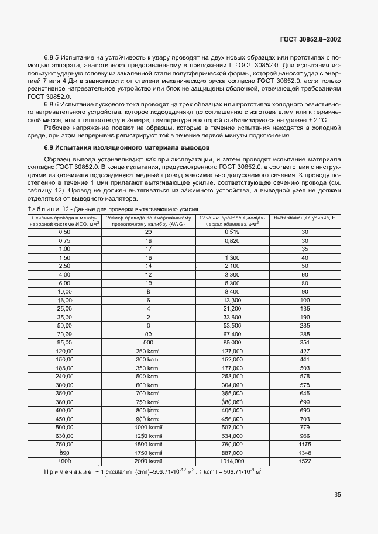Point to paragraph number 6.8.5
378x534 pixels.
coord(54,57)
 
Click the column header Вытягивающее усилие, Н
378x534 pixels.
coord(304,218)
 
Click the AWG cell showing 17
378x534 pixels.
coord(149,249)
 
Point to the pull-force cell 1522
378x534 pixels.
coord(304,461)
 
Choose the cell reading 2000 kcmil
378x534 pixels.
coord(149,461)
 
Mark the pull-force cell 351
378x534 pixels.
coord(304,342)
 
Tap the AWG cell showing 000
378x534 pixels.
coord(149,342)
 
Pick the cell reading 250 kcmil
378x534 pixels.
coord(149,351)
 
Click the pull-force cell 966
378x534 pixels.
coord(304,436)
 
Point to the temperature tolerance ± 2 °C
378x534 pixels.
coord(332,120)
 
